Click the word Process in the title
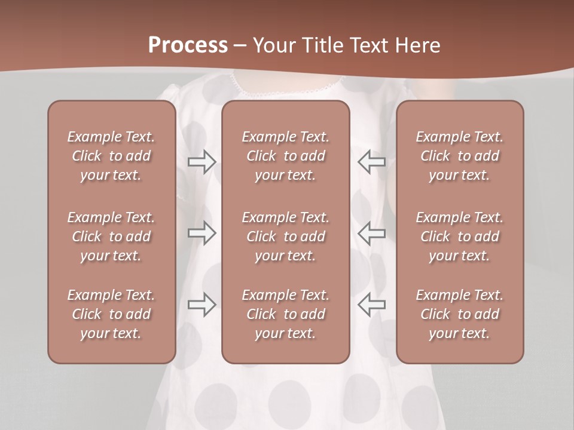188,45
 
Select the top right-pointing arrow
202,162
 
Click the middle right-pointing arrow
202,233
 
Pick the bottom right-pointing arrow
202,305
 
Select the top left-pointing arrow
372,162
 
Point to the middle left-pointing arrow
372,233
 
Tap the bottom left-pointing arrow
372,305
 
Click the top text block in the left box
111,156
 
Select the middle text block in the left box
111,236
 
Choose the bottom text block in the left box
111,314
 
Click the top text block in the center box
285,156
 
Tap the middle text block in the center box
285,236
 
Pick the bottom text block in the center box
285,314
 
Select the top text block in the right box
459,156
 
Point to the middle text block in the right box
459,236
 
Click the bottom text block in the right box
459,314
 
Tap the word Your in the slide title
273,45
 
